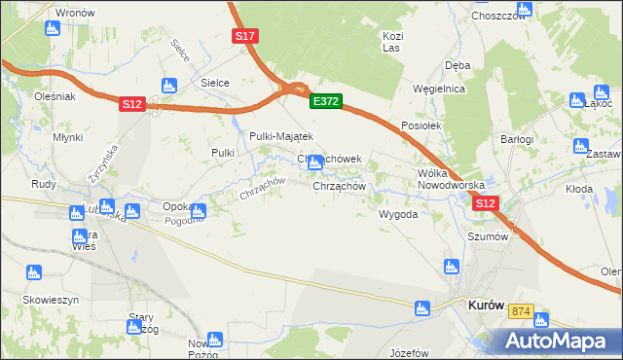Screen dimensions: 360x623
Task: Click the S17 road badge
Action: pos(245,36)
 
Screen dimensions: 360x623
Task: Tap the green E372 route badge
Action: pos(325,100)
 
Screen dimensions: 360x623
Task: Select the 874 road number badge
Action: pos(522,311)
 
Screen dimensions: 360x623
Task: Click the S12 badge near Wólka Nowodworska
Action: pos(487,203)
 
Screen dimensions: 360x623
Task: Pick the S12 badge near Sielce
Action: pos(133,104)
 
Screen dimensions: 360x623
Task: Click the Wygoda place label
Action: pos(397,214)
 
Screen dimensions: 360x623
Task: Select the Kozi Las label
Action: pos(392,42)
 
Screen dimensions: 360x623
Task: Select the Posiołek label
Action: pos(421,126)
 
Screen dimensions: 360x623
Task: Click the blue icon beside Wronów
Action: pos(53,28)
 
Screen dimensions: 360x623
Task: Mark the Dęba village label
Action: pos(458,65)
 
